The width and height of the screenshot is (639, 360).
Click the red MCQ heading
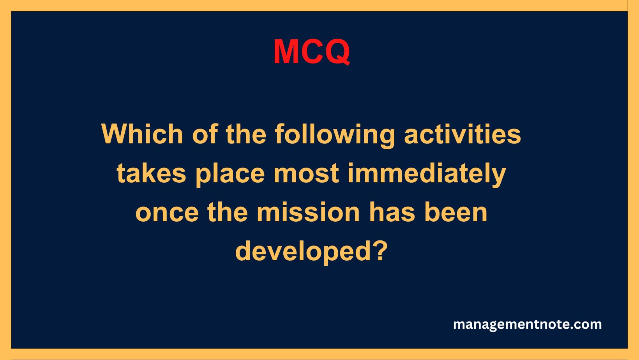[x=312, y=52]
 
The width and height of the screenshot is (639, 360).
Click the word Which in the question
[x=142, y=134]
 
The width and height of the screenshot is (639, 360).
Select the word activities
[x=462, y=134]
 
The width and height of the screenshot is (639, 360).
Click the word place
[x=230, y=173]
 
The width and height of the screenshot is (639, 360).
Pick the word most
[x=306, y=173]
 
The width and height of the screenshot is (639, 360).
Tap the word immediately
[x=427, y=173]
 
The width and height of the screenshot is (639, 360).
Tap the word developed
[x=303, y=251]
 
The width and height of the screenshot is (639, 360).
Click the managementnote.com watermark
[x=527, y=325]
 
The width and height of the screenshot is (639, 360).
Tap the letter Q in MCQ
[x=335, y=52]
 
